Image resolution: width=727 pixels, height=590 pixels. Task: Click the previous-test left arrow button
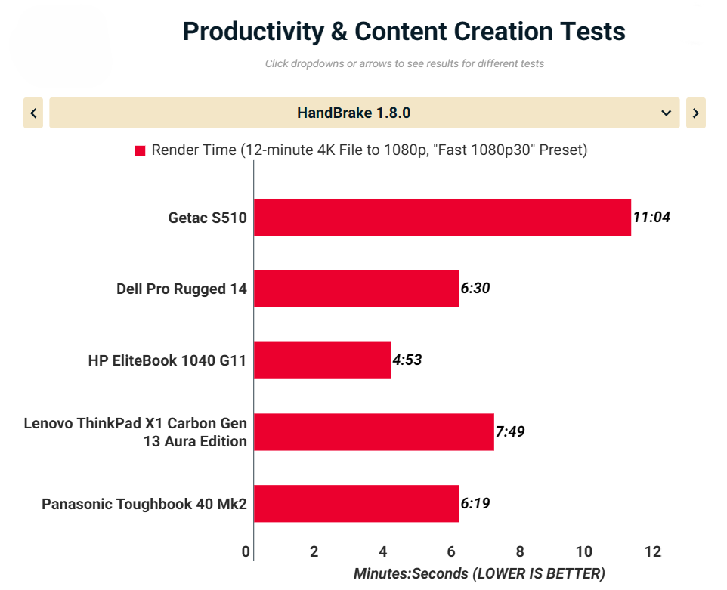(x=33, y=113)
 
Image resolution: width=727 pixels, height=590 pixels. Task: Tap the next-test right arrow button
(x=695, y=113)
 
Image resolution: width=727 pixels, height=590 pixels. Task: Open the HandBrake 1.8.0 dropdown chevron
(x=667, y=113)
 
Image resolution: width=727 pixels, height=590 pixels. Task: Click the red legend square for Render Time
(x=140, y=150)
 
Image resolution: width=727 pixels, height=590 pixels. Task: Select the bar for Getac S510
(x=442, y=218)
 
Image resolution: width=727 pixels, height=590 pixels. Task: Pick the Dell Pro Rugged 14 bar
(x=357, y=289)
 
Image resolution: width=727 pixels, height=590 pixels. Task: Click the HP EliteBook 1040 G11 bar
(x=322, y=360)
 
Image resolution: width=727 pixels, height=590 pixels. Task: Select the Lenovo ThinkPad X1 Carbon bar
(x=373, y=432)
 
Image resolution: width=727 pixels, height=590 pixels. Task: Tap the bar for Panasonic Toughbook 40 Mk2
(x=357, y=504)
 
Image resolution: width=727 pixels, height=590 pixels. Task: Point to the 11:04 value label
(x=651, y=217)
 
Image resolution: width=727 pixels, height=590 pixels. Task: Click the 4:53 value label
(x=407, y=360)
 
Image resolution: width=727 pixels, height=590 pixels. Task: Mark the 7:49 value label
(x=510, y=431)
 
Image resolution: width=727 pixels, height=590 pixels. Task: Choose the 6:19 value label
(x=475, y=503)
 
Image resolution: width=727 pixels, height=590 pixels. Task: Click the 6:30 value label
(x=475, y=289)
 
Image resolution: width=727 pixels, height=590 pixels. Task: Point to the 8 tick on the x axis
(x=520, y=551)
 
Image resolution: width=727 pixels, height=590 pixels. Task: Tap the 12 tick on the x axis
(x=653, y=551)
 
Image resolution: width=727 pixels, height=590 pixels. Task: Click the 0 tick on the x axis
(x=246, y=551)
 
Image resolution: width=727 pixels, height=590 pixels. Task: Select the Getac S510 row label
(x=207, y=218)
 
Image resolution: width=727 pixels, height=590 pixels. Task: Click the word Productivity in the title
(x=253, y=32)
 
